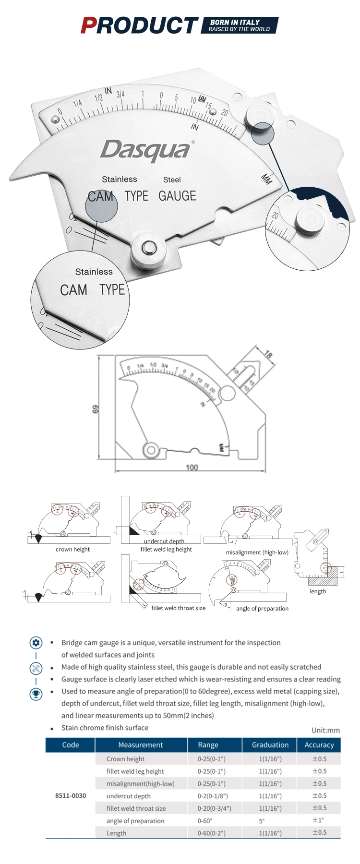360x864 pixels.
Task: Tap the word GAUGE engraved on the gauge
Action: click(177, 196)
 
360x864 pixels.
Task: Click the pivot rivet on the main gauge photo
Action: click(148, 248)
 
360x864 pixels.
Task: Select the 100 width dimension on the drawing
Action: click(192, 467)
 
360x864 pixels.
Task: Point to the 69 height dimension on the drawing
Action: click(96, 409)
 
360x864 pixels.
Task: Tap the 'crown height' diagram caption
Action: click(72, 550)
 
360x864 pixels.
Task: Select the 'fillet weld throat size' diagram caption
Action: click(178, 608)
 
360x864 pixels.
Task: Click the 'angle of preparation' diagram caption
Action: click(262, 609)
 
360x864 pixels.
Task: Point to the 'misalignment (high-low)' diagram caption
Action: click(257, 552)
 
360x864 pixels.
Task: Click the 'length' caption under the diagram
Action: click(318, 591)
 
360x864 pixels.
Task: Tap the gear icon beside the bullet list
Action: click(36, 643)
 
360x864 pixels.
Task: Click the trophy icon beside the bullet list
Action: click(36, 694)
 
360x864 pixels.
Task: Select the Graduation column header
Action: click(270, 745)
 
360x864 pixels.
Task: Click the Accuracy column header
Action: click(319, 745)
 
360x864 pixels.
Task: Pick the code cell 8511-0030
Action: click(71, 795)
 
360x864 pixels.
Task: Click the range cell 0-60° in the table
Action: click(205, 821)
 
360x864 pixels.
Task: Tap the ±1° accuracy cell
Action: click(318, 820)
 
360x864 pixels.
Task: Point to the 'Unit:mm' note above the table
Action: click(325, 730)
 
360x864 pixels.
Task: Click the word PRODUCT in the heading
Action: click(139, 25)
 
